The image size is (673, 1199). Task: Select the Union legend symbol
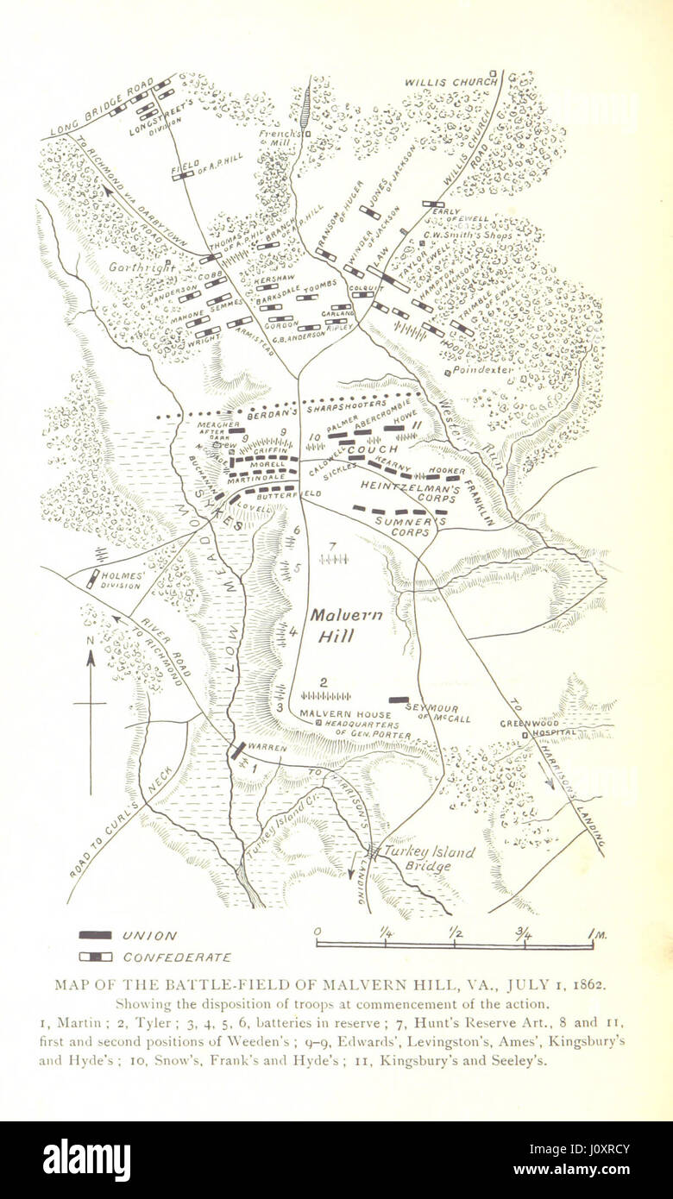pos(95,935)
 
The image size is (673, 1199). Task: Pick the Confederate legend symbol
pos(95,957)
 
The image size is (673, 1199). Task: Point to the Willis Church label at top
pos(451,82)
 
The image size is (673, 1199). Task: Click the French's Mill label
pos(281,137)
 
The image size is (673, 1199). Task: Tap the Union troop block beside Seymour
pos(399,700)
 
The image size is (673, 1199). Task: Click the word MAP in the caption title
pos(72,984)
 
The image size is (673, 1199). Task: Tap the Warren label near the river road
pos(267,747)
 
